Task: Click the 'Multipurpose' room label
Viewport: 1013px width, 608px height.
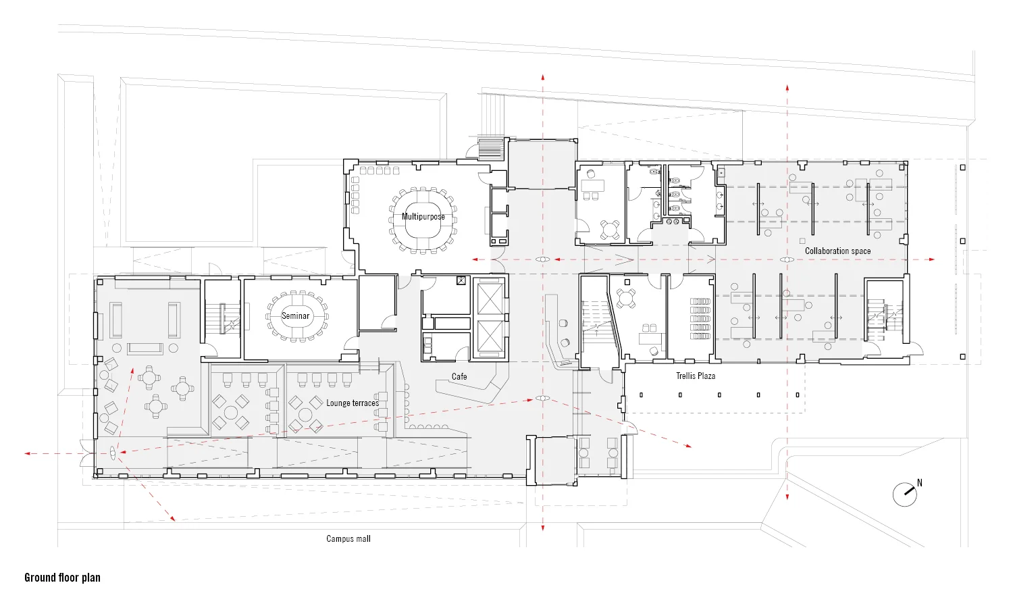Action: click(x=423, y=217)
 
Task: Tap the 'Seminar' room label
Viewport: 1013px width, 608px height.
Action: click(x=295, y=315)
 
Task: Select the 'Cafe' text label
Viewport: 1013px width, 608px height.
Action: click(x=459, y=376)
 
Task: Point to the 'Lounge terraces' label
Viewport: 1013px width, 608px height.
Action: click(x=353, y=403)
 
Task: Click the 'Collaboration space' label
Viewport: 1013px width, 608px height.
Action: click(x=837, y=251)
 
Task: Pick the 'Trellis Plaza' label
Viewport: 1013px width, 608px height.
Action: click(x=696, y=376)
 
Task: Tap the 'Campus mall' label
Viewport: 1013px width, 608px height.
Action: click(x=348, y=538)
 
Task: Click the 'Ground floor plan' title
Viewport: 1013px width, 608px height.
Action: click(x=62, y=578)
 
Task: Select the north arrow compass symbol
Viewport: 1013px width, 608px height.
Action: click(x=906, y=494)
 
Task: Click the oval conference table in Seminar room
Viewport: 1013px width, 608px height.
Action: click(x=296, y=316)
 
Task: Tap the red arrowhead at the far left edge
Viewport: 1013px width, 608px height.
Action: click(x=28, y=453)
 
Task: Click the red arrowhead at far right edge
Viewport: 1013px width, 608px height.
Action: click(x=932, y=259)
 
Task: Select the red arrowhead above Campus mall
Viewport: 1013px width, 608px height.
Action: click(x=542, y=528)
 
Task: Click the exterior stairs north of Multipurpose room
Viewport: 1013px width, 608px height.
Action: click(x=491, y=148)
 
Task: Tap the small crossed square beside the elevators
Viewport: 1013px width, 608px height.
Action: click(x=461, y=280)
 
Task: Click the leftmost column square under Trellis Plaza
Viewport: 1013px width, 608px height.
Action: click(x=641, y=395)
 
